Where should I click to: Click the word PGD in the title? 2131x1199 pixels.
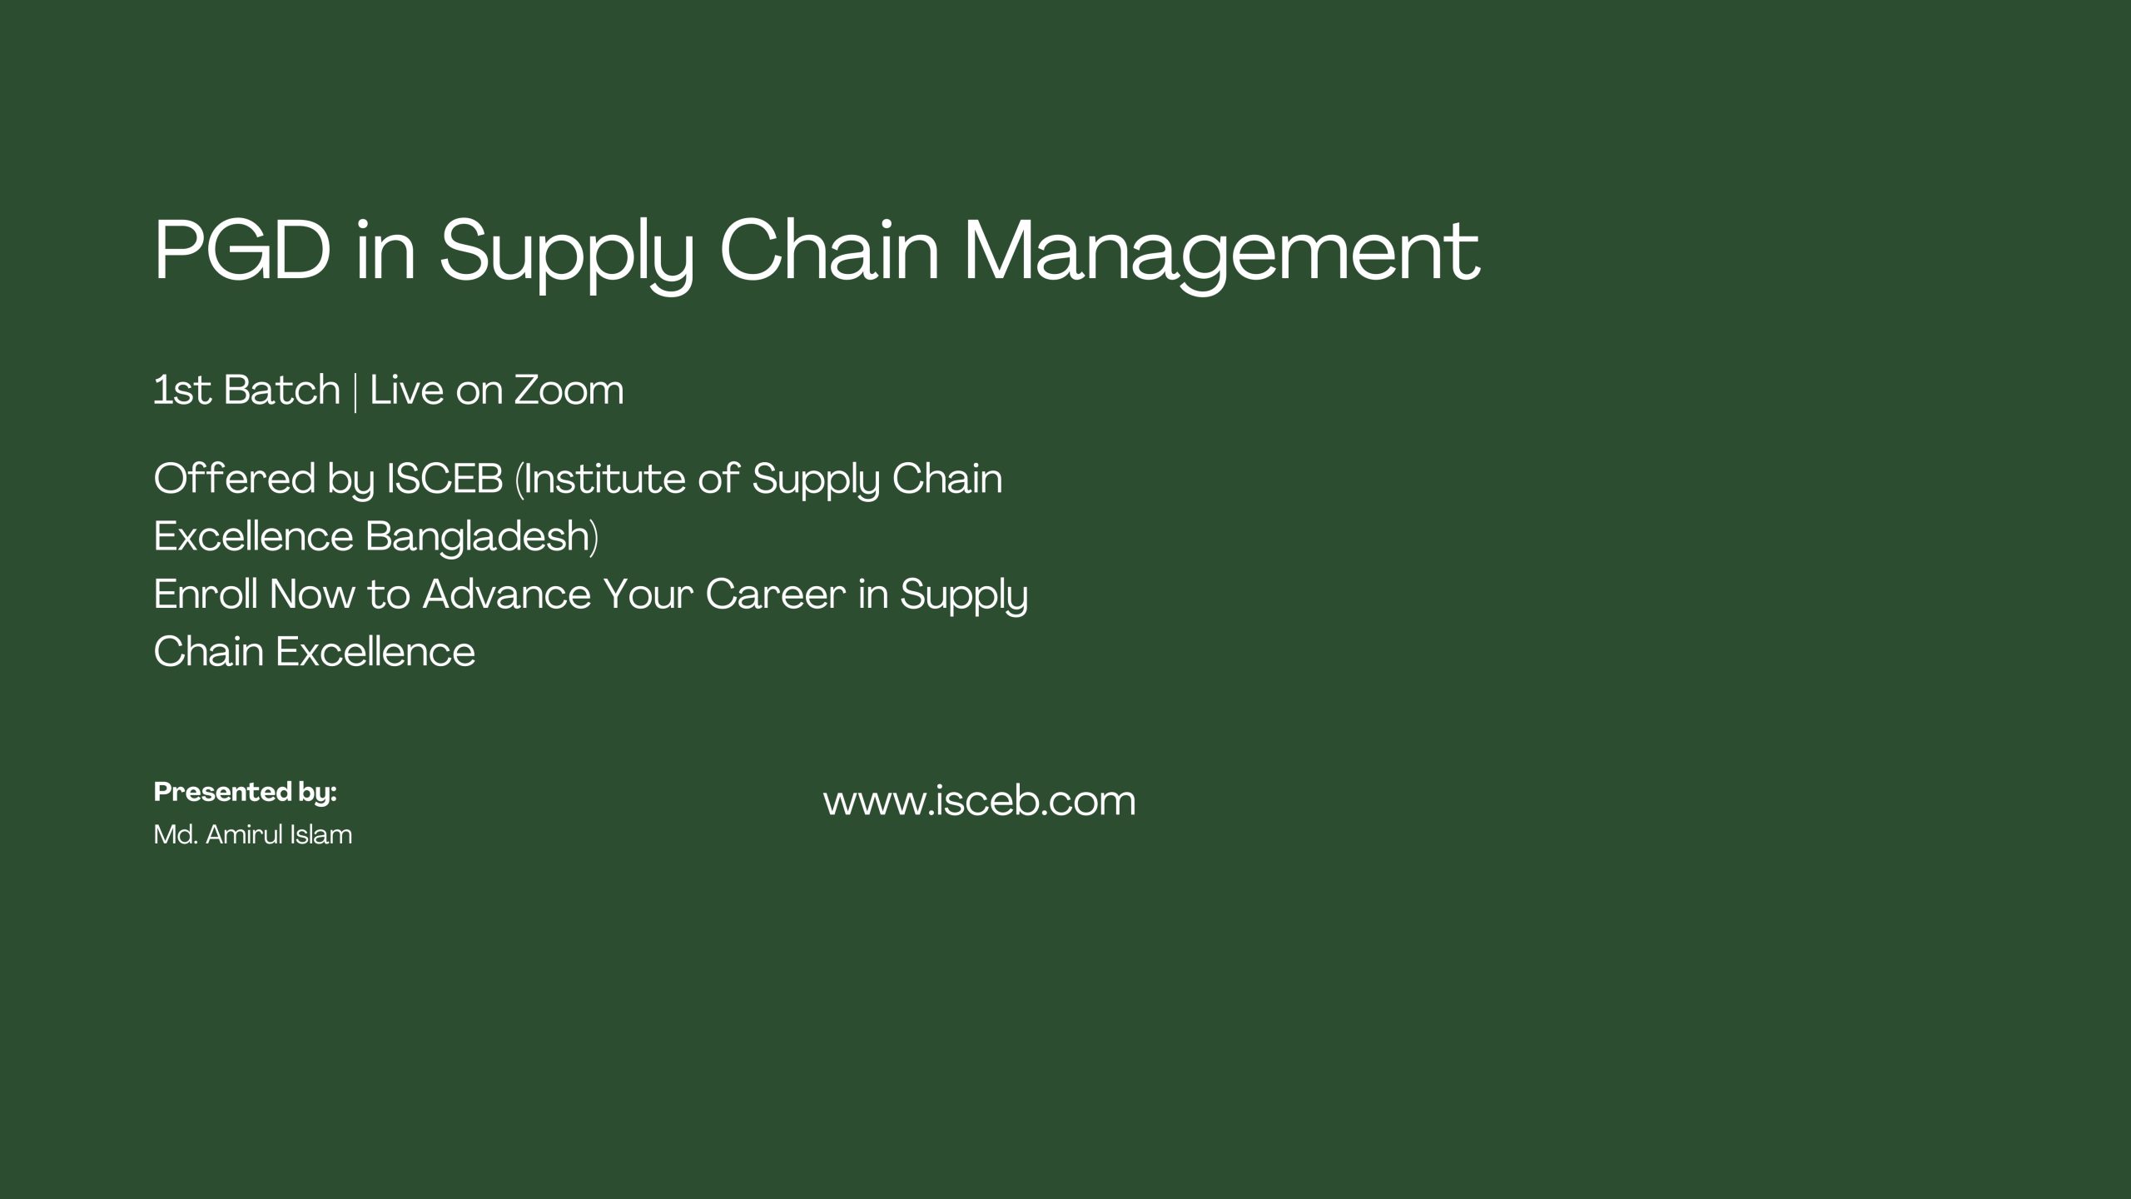click(242, 251)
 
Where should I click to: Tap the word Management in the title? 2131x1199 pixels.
click(1221, 255)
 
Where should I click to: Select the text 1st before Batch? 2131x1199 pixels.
click(182, 391)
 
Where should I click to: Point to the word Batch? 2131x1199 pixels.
click(282, 390)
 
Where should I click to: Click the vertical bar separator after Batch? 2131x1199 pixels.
click(355, 392)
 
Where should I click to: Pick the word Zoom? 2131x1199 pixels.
click(569, 391)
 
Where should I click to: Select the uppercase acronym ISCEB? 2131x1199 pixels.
click(445, 479)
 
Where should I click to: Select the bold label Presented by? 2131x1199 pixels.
click(246, 793)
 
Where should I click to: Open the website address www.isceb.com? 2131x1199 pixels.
click(980, 801)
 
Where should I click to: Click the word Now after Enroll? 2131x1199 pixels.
click(312, 595)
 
